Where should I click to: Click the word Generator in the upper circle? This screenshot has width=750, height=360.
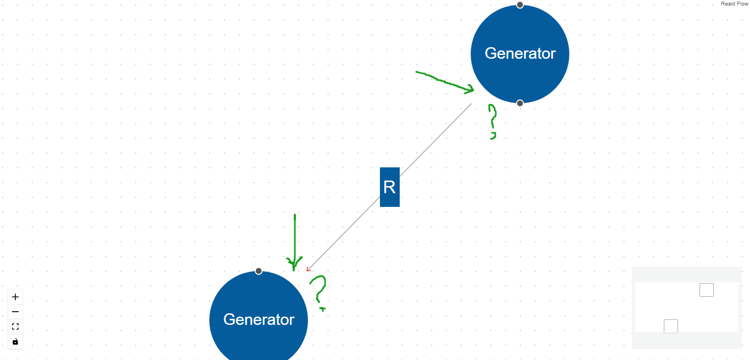[x=520, y=53]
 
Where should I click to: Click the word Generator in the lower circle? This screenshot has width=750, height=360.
[x=259, y=319]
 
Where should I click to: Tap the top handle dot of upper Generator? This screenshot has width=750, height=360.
[x=520, y=5]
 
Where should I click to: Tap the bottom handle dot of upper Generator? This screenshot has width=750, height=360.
[x=520, y=103]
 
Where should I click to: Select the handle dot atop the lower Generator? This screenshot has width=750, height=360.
[x=259, y=271]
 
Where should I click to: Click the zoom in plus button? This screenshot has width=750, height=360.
[x=15, y=297]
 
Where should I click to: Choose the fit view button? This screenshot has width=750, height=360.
[x=15, y=327]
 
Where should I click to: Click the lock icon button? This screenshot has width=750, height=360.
[x=15, y=341]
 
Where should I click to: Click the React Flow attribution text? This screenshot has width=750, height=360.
[x=734, y=4]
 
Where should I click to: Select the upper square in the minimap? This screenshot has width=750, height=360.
[x=706, y=290]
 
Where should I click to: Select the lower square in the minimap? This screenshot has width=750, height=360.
[x=670, y=326]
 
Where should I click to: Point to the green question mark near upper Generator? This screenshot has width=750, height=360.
[x=492, y=118]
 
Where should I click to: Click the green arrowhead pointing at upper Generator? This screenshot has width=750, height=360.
[x=470, y=88]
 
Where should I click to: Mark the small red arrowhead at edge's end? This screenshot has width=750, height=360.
[x=309, y=269]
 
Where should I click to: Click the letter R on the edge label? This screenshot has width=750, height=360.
[x=389, y=187]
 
